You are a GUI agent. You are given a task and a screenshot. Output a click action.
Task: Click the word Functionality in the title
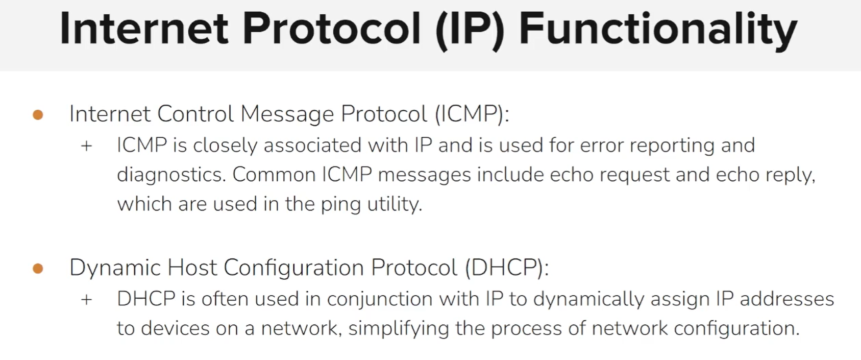[658, 29]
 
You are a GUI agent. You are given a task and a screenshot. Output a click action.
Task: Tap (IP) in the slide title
[470, 29]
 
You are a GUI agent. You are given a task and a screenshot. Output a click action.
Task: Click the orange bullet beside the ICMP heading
[38, 115]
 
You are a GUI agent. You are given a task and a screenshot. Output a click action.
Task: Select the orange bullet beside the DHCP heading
[38, 269]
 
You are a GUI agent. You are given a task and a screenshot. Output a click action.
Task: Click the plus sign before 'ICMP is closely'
[87, 146]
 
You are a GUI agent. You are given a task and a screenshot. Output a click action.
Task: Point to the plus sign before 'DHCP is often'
[87, 299]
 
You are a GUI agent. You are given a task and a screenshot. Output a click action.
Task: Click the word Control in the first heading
[195, 114]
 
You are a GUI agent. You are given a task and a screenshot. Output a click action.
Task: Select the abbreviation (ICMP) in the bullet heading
[472, 114]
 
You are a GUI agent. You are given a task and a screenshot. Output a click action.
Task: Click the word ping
[340, 204]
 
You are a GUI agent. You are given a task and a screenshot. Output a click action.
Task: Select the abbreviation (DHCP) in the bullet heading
[506, 268]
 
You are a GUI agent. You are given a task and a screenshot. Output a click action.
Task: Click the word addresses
[786, 299]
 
